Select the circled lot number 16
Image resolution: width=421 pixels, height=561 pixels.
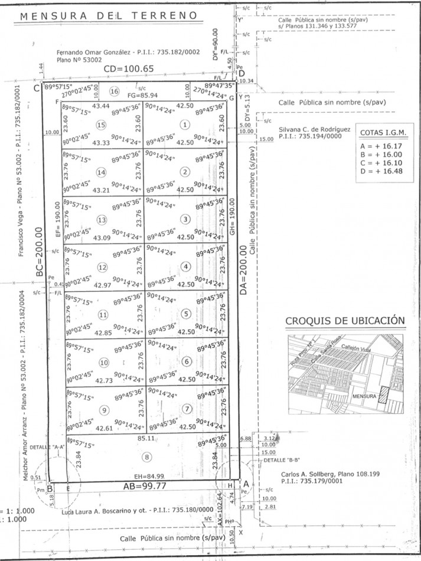coord(114,92)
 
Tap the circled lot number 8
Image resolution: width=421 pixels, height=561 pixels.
coord(147,456)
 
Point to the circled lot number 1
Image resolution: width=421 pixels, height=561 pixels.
coord(185,125)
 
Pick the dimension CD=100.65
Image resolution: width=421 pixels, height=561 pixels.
coord(128,69)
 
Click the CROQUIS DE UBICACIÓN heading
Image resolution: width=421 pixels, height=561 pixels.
coord(345,321)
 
